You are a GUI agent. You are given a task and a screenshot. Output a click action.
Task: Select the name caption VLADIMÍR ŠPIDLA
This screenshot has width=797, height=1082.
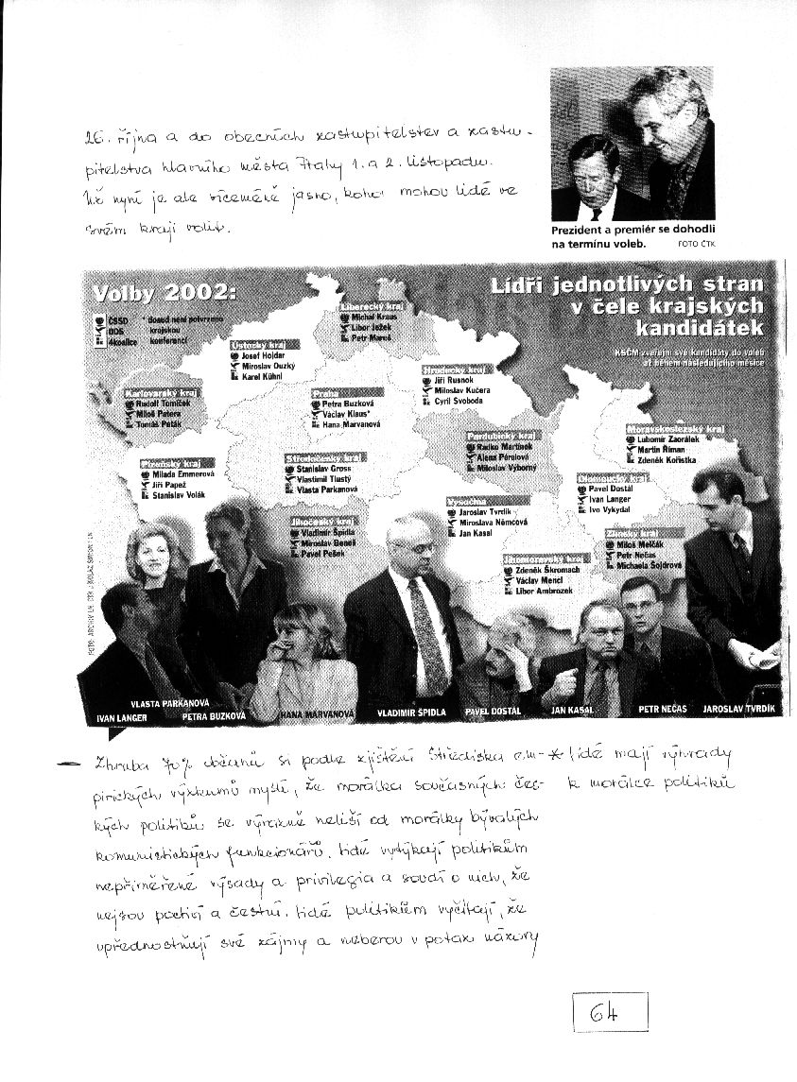(x=399, y=710)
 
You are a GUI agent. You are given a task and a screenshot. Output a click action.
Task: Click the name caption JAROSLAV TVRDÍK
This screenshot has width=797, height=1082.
(x=739, y=707)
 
